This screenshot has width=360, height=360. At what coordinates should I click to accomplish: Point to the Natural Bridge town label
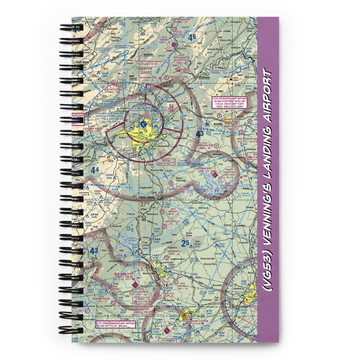coord(214,49)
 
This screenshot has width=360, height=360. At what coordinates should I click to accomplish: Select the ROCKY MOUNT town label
coord(147,197)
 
